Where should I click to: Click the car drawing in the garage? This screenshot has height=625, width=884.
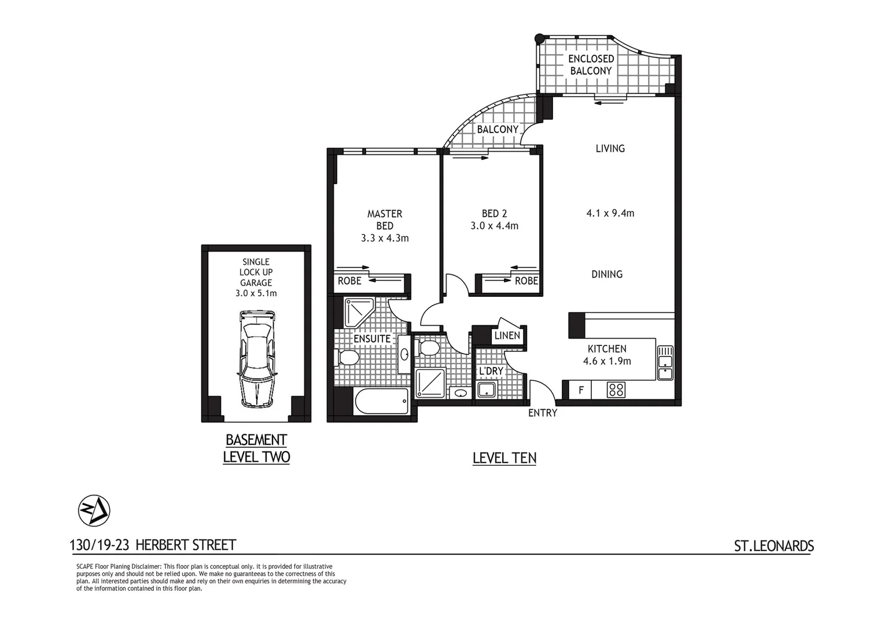point(256,359)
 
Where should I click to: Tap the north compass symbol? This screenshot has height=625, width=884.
point(94,511)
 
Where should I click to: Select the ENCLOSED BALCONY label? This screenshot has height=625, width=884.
point(591,65)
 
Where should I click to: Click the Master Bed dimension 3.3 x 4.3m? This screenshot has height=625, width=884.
point(385,238)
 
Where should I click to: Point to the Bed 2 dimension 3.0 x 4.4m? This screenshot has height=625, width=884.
point(494,226)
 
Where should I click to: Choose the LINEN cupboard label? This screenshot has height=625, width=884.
point(507,336)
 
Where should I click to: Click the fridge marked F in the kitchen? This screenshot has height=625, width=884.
point(581,391)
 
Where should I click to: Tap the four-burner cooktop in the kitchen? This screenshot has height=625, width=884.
point(616,390)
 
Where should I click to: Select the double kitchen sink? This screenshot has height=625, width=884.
point(665,363)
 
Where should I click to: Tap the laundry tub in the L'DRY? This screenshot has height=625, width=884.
point(487,389)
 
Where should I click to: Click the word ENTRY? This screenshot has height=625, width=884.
point(542,413)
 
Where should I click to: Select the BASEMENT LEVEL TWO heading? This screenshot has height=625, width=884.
point(256,448)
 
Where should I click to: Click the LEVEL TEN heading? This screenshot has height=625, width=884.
point(504,458)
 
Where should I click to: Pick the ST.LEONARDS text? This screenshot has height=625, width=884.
point(773,546)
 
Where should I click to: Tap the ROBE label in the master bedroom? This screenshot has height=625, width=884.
point(349,281)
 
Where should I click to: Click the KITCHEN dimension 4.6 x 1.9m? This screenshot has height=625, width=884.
point(607,361)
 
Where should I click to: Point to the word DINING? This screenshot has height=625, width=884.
point(607,274)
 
